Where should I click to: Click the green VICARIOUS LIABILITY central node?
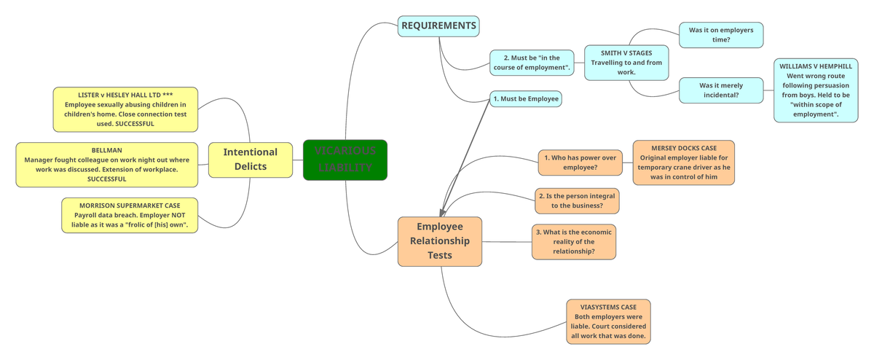point(345,159)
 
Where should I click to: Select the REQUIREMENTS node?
point(438,26)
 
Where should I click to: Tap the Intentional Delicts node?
point(250,159)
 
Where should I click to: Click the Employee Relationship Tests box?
point(440,240)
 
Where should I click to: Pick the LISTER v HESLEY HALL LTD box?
point(125,109)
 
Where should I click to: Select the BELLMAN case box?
point(106,164)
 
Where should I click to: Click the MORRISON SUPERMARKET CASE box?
point(130,215)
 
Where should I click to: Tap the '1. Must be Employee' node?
point(525,98)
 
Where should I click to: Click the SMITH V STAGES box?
point(626,63)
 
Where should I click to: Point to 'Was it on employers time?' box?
point(720,34)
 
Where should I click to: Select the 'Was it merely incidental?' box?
point(720,90)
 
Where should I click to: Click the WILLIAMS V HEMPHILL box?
point(815,90)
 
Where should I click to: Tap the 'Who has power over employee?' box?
point(580,163)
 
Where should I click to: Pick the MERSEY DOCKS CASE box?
point(683,163)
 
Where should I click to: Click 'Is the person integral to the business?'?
point(577,201)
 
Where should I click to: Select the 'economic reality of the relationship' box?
point(574,241)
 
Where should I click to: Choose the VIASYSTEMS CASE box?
point(608,321)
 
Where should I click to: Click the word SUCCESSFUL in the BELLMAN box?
point(106,179)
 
